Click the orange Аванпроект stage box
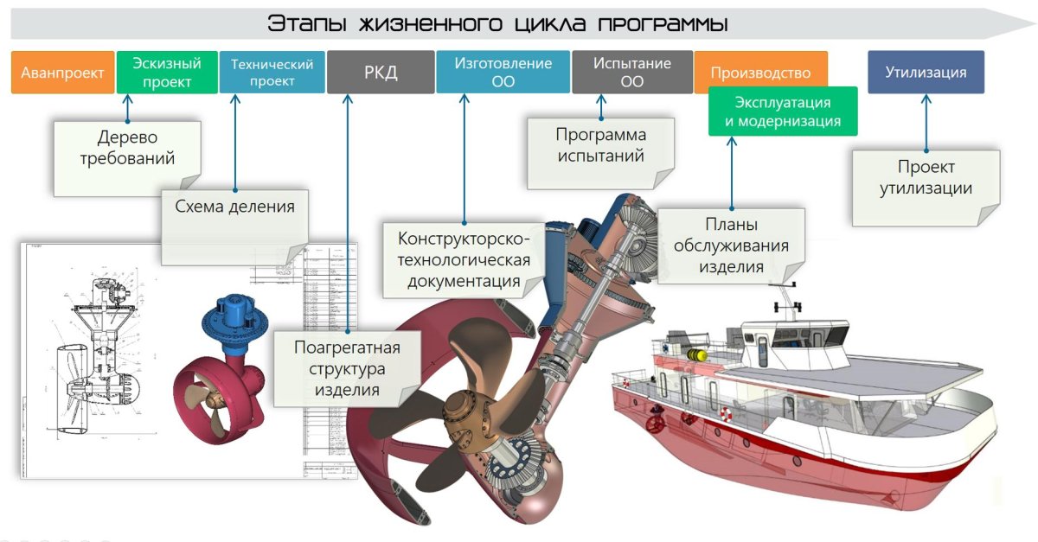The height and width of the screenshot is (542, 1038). pyautogui.click(x=62, y=73)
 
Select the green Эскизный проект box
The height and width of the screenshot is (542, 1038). pyautogui.click(x=166, y=72)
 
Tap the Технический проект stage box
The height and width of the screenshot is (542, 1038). pyautogui.click(x=272, y=72)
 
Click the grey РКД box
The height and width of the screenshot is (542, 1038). pyautogui.click(x=381, y=72)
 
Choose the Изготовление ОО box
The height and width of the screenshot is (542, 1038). pyautogui.click(x=503, y=72)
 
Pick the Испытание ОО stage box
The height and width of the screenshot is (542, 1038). pyautogui.click(x=632, y=72)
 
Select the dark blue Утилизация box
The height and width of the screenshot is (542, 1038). pyautogui.click(x=926, y=72)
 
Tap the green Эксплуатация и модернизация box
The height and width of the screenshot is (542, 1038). pyautogui.click(x=782, y=112)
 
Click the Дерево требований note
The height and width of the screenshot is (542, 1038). pyautogui.click(x=127, y=149)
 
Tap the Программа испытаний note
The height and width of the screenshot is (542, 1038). pyautogui.click(x=600, y=147)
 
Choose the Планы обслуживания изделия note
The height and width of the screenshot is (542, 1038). pyautogui.click(x=731, y=245)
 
